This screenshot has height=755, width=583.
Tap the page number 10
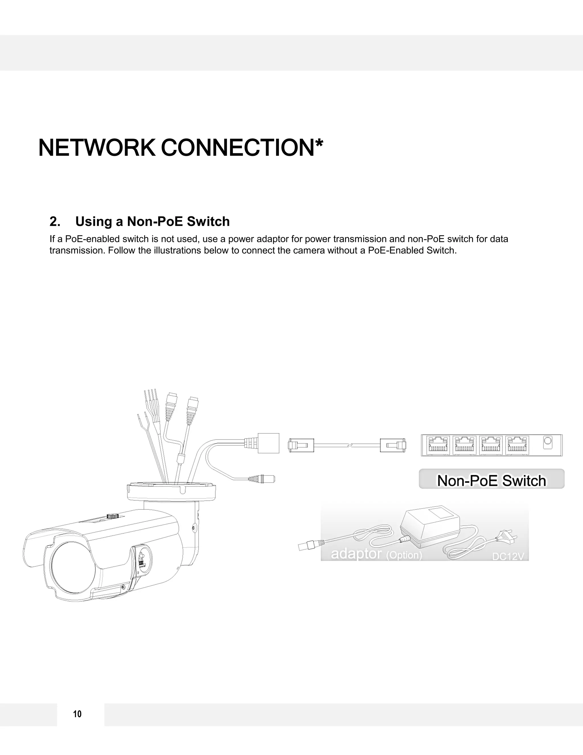pos(77,714)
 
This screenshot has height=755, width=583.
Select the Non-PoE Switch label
pos(491,481)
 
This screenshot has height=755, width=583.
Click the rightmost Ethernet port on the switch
pos(517,445)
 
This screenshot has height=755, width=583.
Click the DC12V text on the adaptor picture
pos(508,556)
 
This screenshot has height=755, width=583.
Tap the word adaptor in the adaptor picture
pos(356,554)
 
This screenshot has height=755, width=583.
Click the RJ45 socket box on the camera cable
pos(268,443)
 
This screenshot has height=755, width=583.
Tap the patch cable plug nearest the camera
pos(301,445)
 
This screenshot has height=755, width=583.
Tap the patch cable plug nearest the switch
pos(393,445)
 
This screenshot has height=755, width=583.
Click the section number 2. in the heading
pos(55,222)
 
